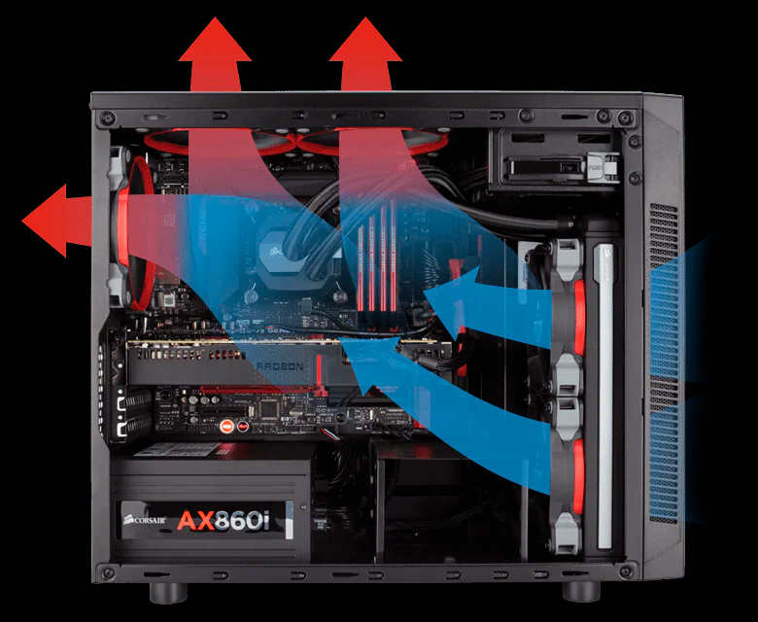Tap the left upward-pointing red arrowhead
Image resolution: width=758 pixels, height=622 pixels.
[215, 44]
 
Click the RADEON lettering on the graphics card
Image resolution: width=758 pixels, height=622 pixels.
[285, 367]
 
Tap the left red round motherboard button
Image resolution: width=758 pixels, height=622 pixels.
[224, 425]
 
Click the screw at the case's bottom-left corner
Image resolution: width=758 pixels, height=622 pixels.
[108, 574]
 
